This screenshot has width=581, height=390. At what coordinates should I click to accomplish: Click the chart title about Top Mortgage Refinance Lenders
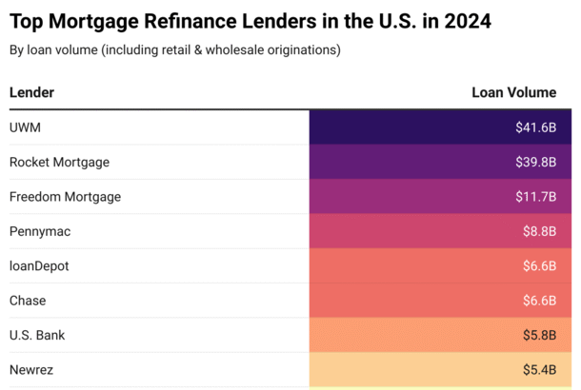tap(250, 20)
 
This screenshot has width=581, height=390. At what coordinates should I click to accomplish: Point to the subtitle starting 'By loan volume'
tap(174, 49)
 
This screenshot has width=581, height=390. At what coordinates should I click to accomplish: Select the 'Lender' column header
tap(31, 92)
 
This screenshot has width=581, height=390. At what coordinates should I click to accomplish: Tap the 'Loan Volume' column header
tap(513, 92)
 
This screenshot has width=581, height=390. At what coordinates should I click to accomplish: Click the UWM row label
tap(25, 127)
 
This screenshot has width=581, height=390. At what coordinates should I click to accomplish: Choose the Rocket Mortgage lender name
tap(59, 162)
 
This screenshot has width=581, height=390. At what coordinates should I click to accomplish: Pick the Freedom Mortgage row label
tap(65, 197)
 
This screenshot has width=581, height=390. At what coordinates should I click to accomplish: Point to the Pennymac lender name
tap(40, 231)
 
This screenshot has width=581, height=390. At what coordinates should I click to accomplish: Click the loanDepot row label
tap(39, 265)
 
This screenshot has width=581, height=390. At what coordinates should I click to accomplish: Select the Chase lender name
tap(28, 301)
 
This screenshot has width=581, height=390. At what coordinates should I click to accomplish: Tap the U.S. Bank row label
tap(37, 335)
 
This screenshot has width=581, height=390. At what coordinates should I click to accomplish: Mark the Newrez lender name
tap(31, 369)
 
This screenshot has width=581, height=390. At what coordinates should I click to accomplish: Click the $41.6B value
tap(535, 127)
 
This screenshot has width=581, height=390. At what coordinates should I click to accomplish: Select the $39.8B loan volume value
tap(535, 162)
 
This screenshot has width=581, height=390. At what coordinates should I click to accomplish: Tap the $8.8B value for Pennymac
tap(539, 231)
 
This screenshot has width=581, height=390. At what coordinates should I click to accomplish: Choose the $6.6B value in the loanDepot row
tap(539, 265)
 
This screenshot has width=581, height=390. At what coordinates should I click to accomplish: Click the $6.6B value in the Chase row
tap(539, 301)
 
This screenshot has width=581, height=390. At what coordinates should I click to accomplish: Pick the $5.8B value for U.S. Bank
tap(539, 335)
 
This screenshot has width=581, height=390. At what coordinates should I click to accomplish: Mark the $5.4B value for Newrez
tap(539, 369)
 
